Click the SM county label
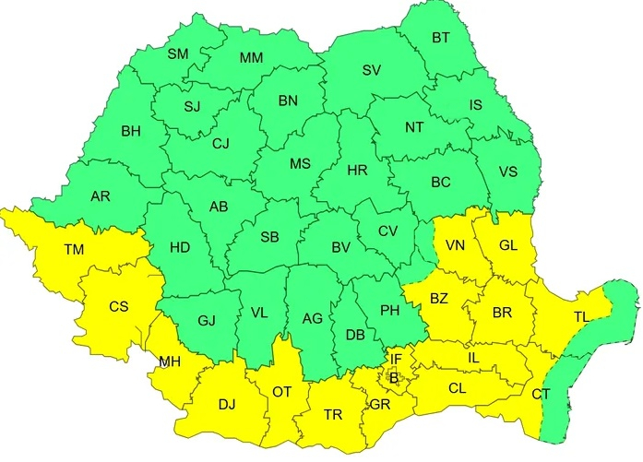(x=177, y=54)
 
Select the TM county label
(x=73, y=250)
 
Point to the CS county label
(x=118, y=307)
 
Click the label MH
(x=169, y=361)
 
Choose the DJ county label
(x=227, y=403)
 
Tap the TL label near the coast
(x=581, y=316)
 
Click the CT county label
(x=542, y=395)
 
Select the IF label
(x=396, y=358)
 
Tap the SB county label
(x=268, y=237)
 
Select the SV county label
(x=372, y=70)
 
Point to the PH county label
(x=390, y=311)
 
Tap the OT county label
(x=281, y=393)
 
